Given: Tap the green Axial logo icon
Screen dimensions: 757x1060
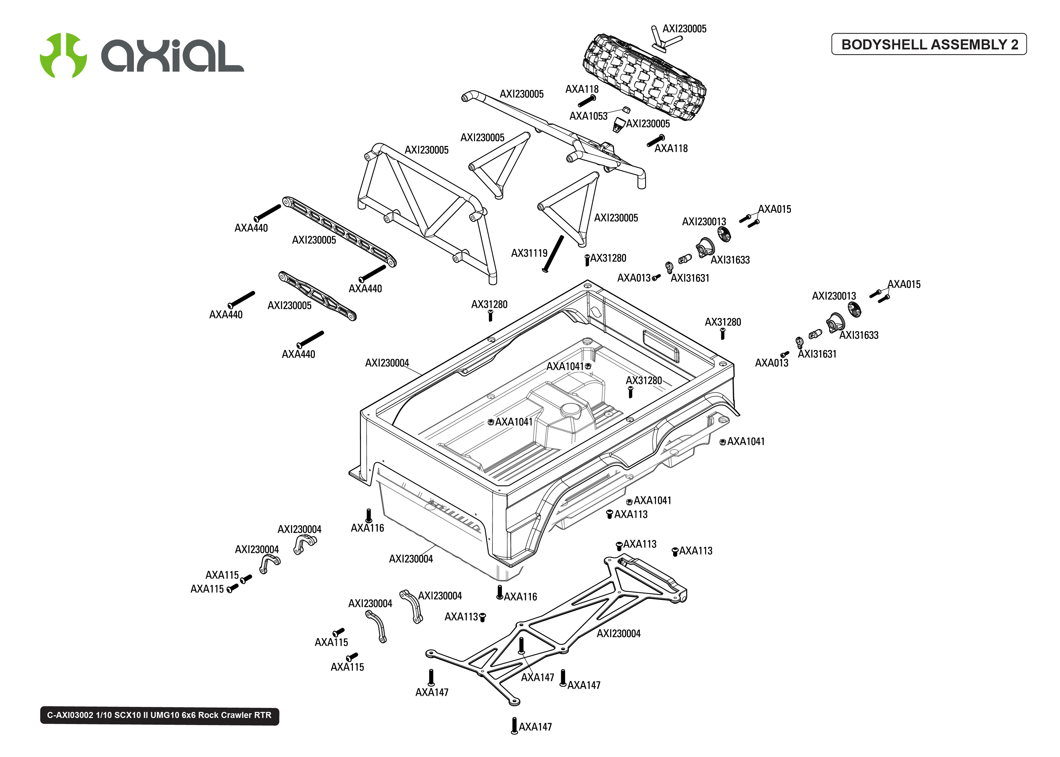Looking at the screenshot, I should [x=63, y=55].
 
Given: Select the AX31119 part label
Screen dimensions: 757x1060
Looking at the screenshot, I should [x=529, y=253].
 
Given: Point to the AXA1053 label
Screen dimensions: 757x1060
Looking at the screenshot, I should [x=588, y=116].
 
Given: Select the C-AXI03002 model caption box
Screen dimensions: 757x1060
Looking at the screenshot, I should [x=159, y=715].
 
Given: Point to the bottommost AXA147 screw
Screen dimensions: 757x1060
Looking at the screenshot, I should [x=514, y=725].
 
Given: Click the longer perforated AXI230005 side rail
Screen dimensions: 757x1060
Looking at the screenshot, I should [x=339, y=232].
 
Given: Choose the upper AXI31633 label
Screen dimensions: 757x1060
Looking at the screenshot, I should [x=730, y=260].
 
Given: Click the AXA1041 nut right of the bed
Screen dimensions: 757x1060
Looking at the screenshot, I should [x=723, y=442].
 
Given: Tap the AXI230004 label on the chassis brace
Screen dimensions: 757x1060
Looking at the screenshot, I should [x=619, y=634].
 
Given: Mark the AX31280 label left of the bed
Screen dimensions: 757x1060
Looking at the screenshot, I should [x=489, y=304].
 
